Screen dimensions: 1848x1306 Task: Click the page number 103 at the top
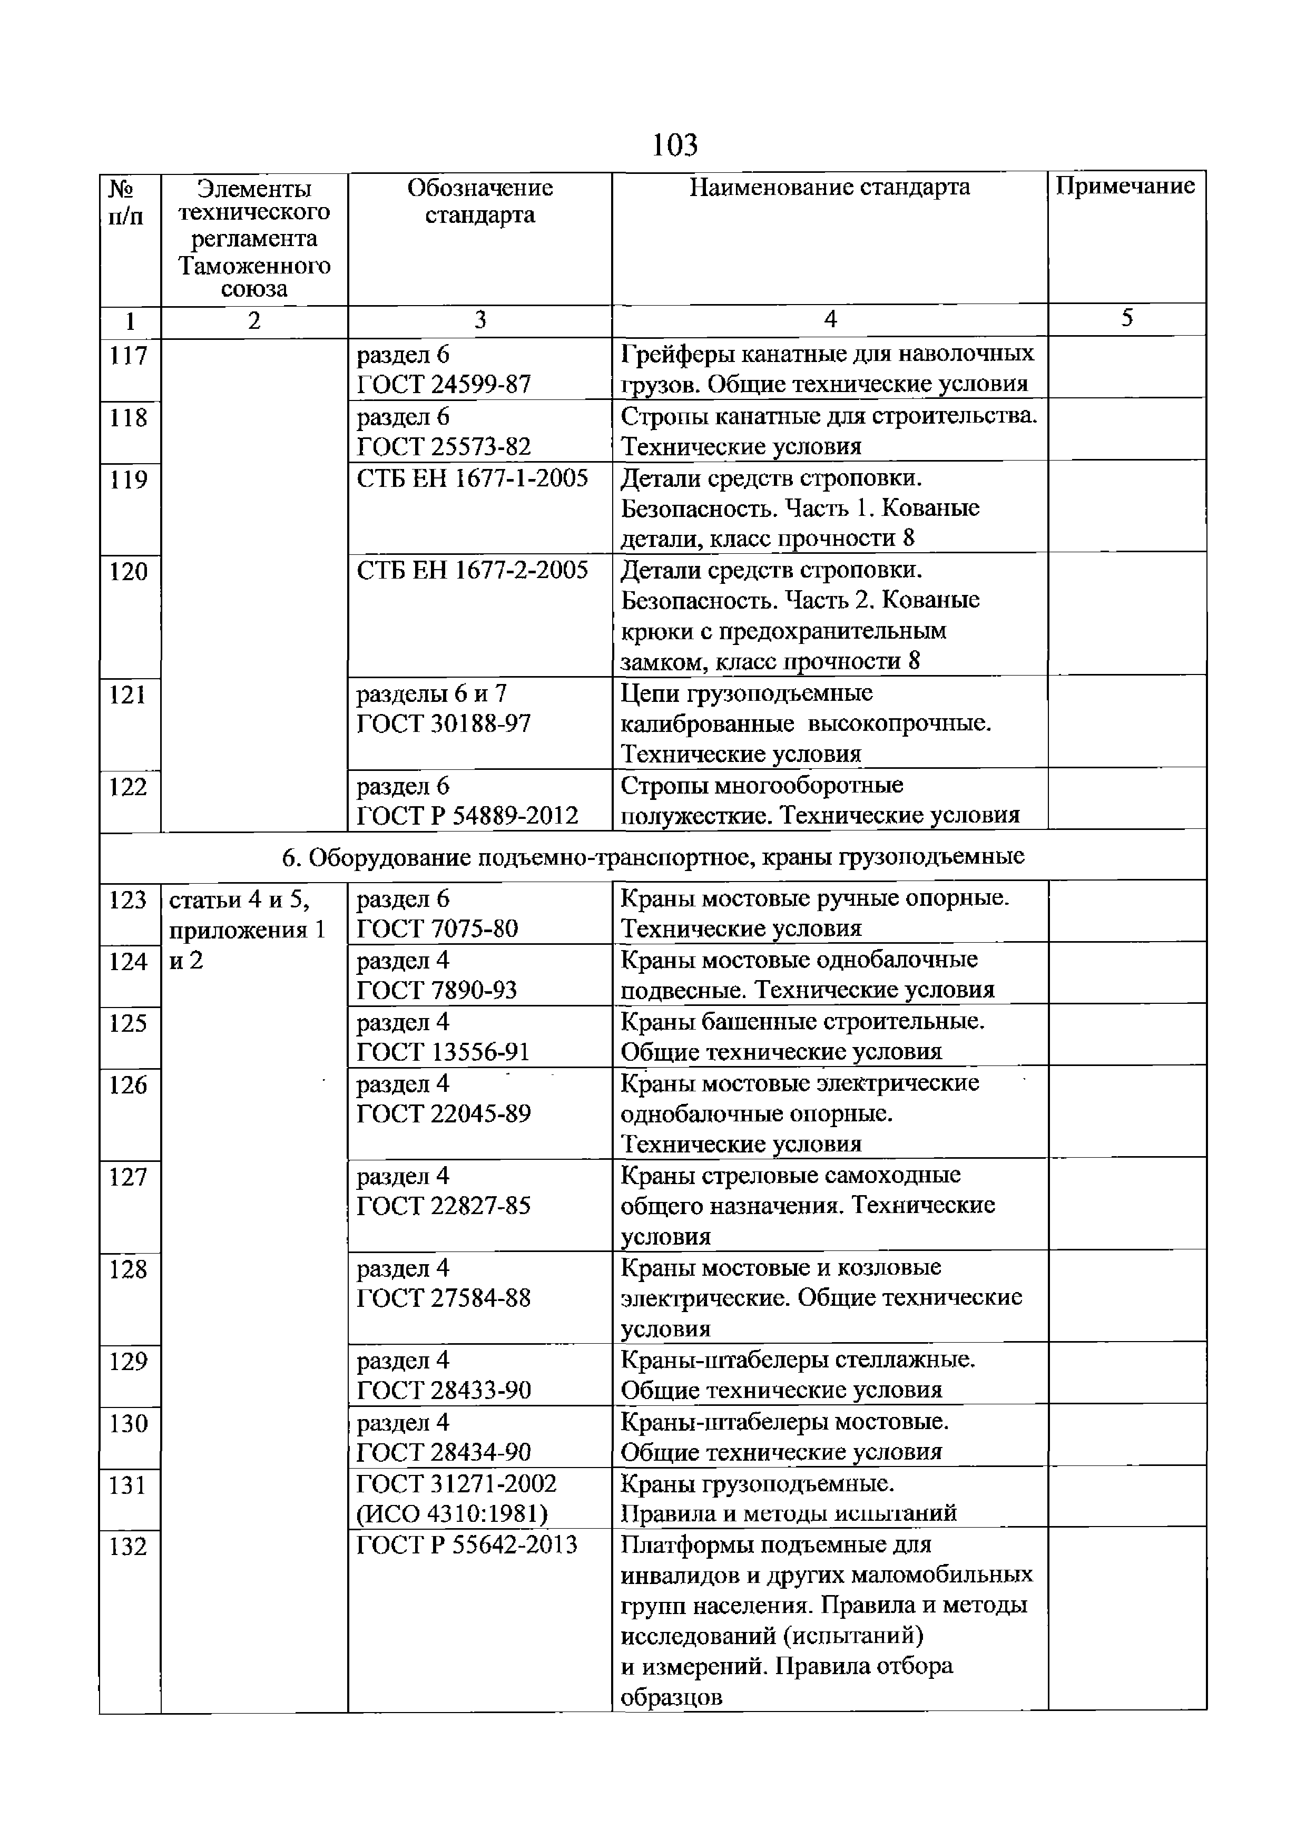point(674,145)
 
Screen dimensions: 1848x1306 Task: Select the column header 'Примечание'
point(1125,187)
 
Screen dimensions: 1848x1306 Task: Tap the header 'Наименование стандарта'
point(830,188)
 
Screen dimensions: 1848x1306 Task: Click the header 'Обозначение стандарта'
point(479,201)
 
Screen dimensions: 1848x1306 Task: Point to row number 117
point(129,355)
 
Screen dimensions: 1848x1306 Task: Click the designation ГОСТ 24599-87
point(444,385)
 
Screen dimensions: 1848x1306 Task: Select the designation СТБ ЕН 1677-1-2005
point(473,479)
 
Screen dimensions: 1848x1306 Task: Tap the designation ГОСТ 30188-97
point(444,723)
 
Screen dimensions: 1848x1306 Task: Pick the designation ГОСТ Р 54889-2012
point(467,816)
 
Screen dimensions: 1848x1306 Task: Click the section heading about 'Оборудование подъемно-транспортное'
point(653,856)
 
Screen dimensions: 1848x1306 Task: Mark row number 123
point(129,900)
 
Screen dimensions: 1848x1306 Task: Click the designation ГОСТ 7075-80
point(437,929)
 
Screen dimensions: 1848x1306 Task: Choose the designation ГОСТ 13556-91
point(444,1052)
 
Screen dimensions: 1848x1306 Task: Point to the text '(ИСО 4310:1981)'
point(451,1514)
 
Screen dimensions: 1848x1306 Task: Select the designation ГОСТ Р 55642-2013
point(467,1544)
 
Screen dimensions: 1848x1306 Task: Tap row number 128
point(129,1269)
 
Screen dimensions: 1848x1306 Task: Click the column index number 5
point(1126,319)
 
